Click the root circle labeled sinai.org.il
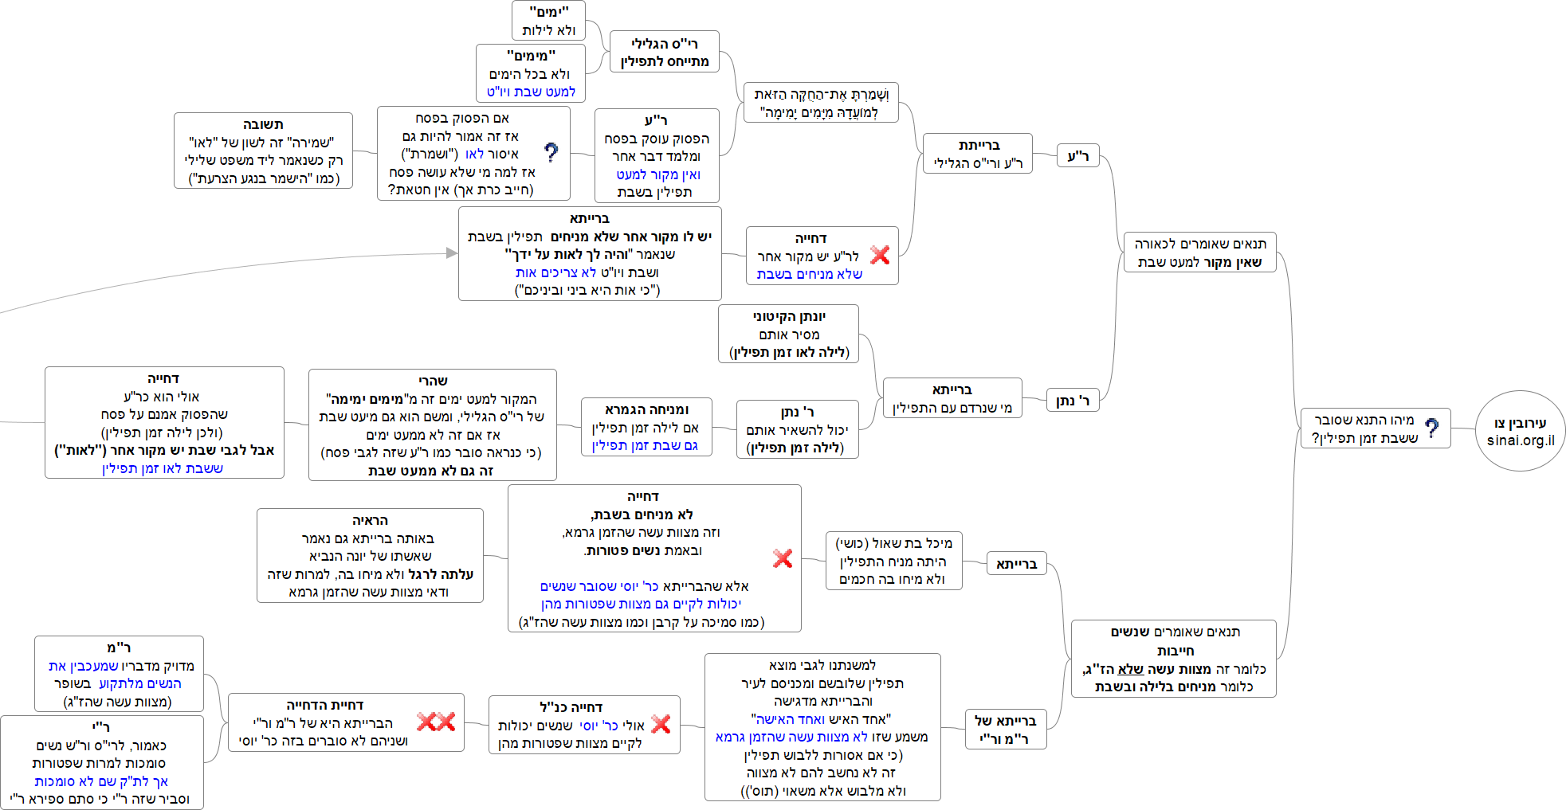[x=1520, y=431]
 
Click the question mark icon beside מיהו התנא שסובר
[x=1431, y=428]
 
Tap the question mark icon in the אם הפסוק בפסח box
[x=551, y=152]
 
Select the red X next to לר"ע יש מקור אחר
[x=880, y=255]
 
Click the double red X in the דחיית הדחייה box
[x=436, y=722]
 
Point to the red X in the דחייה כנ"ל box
[x=661, y=724]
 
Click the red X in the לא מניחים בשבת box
[x=783, y=558]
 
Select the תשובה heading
[x=263, y=124]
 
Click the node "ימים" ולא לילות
[x=548, y=21]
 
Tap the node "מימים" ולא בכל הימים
[x=531, y=73]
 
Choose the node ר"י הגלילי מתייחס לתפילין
[x=665, y=52]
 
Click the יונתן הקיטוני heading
[x=789, y=316]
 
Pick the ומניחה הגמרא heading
[x=646, y=409]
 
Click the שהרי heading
[x=433, y=381]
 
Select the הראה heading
[x=370, y=520]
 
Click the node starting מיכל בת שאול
[x=893, y=561]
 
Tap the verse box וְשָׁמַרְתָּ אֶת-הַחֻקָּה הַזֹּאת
[x=821, y=103]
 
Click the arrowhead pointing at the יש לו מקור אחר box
[x=452, y=253]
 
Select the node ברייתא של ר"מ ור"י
[x=1005, y=730]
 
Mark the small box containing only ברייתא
[x=1016, y=564]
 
